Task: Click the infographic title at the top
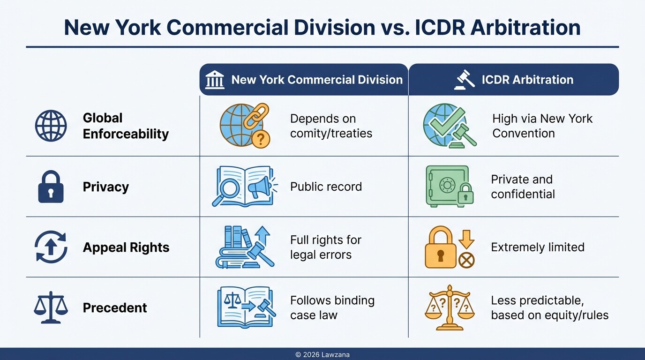click(x=322, y=27)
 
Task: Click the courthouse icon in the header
click(x=215, y=80)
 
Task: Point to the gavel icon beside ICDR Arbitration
click(x=465, y=80)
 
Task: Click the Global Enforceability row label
click(x=125, y=126)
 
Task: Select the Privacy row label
click(x=105, y=187)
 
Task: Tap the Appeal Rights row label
click(x=126, y=247)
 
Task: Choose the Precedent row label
click(x=115, y=308)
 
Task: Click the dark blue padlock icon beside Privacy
click(x=51, y=187)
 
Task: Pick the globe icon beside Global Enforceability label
click(x=51, y=126)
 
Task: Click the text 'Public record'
click(x=326, y=187)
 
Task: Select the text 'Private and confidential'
click(x=523, y=187)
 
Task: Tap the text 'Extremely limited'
click(x=537, y=247)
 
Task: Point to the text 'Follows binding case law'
click(x=332, y=307)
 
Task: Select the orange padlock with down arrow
click(x=449, y=247)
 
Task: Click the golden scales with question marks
click(x=449, y=307)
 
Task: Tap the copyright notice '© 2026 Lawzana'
click(x=322, y=355)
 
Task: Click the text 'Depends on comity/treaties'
click(x=331, y=126)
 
